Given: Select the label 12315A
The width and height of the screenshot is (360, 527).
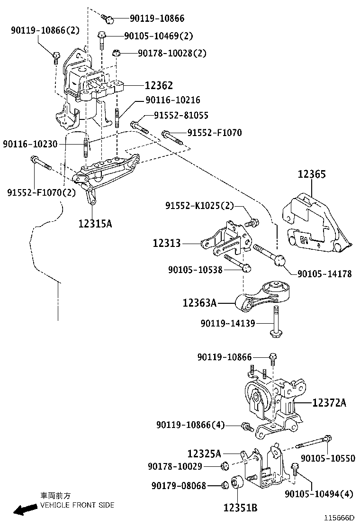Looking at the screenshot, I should (95, 223).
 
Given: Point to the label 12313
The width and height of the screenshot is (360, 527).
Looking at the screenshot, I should (167, 243).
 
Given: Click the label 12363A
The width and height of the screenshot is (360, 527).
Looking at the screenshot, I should (199, 302).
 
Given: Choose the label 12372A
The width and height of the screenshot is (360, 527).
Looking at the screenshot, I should (329, 403).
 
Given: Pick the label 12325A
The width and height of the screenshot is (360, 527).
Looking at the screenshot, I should (204, 454).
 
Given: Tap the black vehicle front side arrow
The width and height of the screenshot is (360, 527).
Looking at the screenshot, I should (25, 510).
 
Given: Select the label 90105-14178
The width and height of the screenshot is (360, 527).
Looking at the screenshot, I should (324, 273).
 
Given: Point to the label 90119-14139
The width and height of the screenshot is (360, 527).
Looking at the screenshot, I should (228, 323).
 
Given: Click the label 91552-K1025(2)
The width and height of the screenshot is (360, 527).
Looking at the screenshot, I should (199, 206).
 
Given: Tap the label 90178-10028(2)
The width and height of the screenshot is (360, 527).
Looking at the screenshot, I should (172, 54).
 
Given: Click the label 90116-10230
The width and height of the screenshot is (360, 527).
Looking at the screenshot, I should (29, 143).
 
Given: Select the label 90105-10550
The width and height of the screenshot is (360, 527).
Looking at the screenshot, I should (328, 458).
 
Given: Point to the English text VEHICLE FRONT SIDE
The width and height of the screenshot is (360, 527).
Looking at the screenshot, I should (77, 505).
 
